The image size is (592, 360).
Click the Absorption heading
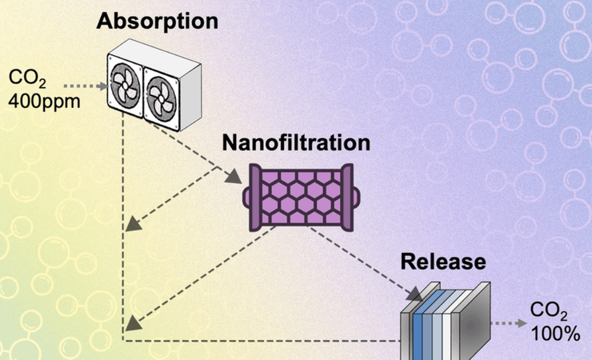[x=157, y=21]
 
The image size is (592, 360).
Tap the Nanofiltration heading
[x=296, y=144]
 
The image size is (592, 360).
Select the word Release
[x=443, y=262]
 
